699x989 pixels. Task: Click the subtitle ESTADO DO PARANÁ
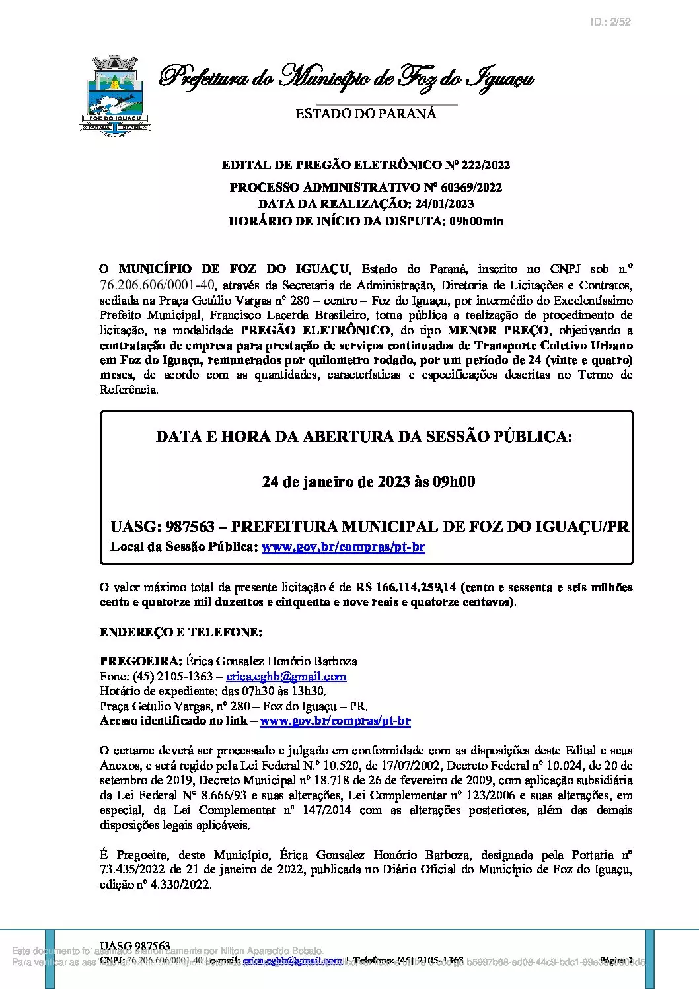coord(365,114)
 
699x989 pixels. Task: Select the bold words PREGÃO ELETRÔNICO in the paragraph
coord(315,330)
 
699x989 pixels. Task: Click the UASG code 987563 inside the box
coord(190,527)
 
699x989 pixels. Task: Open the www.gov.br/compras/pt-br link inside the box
coord(343,547)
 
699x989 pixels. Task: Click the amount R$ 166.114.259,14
coord(406,587)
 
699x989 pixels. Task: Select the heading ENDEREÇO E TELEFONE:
coord(180,632)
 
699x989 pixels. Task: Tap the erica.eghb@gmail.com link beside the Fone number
coord(286,677)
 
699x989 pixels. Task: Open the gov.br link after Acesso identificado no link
coord(335,721)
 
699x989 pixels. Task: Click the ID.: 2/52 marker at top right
coord(610,22)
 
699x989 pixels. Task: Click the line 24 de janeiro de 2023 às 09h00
coord(368,482)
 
